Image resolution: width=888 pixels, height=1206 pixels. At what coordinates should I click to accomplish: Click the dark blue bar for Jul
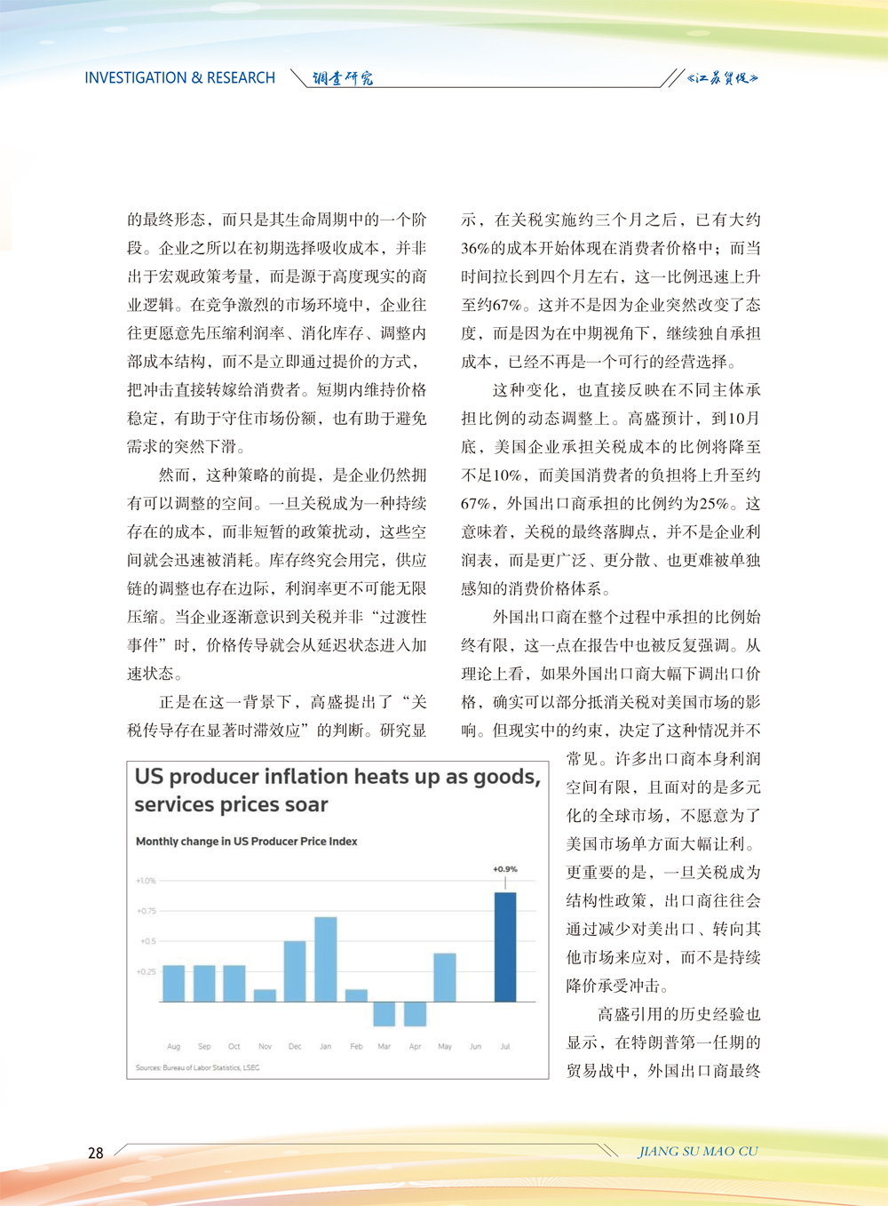[505, 946]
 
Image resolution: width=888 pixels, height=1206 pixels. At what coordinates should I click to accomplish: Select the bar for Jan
[326, 959]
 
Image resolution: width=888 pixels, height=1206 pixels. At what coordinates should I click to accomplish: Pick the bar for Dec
[295, 970]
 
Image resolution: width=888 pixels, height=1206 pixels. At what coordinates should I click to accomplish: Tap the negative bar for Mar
[385, 1013]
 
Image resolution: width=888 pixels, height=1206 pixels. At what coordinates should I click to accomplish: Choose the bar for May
[445, 977]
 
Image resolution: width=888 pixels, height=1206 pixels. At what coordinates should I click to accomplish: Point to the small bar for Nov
[265, 995]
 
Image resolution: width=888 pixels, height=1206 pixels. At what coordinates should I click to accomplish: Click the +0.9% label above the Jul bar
[505, 869]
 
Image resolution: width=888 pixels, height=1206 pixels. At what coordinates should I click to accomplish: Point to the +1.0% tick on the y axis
[146, 881]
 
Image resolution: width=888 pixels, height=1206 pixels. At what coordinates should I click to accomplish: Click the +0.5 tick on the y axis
[147, 941]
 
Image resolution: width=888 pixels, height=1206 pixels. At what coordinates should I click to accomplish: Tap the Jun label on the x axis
[475, 1046]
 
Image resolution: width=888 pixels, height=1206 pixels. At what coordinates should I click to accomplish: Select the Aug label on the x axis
[173, 1046]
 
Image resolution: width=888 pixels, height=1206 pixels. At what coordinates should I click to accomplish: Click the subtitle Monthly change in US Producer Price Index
[246, 841]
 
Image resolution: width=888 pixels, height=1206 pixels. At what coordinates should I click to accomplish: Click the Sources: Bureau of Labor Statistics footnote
[197, 1067]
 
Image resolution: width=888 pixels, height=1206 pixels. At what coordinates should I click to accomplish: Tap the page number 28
[96, 1153]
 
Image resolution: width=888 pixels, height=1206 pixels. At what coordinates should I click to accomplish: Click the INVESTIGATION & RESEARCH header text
[179, 78]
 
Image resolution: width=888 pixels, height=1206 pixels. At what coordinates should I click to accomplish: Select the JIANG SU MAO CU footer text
[698, 1151]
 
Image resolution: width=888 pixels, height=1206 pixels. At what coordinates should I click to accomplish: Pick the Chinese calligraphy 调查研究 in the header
[343, 78]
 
